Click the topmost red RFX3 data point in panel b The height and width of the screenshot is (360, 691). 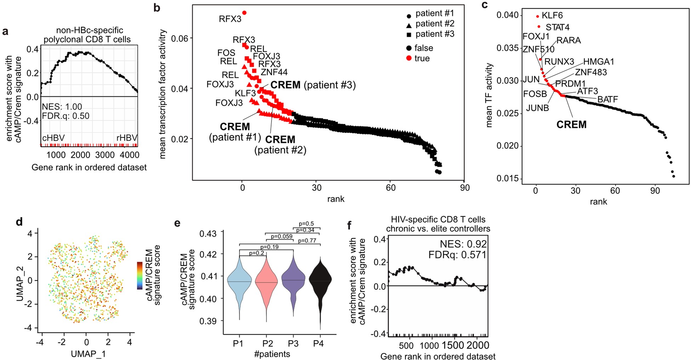pyautogui.click(x=244, y=13)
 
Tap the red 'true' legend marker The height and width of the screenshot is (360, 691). pyautogui.click(x=409, y=58)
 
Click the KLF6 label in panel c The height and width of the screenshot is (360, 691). pyautogui.click(x=552, y=16)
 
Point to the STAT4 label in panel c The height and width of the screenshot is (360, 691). pyautogui.click(x=557, y=27)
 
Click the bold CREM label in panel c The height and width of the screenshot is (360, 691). pyautogui.click(x=571, y=125)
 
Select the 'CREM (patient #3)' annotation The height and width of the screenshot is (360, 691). pyautogui.click(x=313, y=85)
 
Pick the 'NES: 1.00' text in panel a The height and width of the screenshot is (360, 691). pyautogui.click(x=62, y=107)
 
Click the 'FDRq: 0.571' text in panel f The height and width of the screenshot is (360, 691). pyautogui.click(x=457, y=255)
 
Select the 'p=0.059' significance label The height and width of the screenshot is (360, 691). pyautogui.click(x=282, y=236)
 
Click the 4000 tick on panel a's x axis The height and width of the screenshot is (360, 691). pyautogui.click(x=130, y=155)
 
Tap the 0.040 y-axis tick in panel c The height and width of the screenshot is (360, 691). pyautogui.click(x=507, y=15)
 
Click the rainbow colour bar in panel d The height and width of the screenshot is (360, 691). pyautogui.click(x=140, y=276)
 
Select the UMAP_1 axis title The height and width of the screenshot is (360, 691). pyautogui.click(x=88, y=354)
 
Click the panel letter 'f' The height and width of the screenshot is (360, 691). pyautogui.click(x=349, y=225)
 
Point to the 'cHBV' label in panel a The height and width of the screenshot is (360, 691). pyautogui.click(x=53, y=138)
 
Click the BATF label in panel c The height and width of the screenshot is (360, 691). pyautogui.click(x=607, y=100)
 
